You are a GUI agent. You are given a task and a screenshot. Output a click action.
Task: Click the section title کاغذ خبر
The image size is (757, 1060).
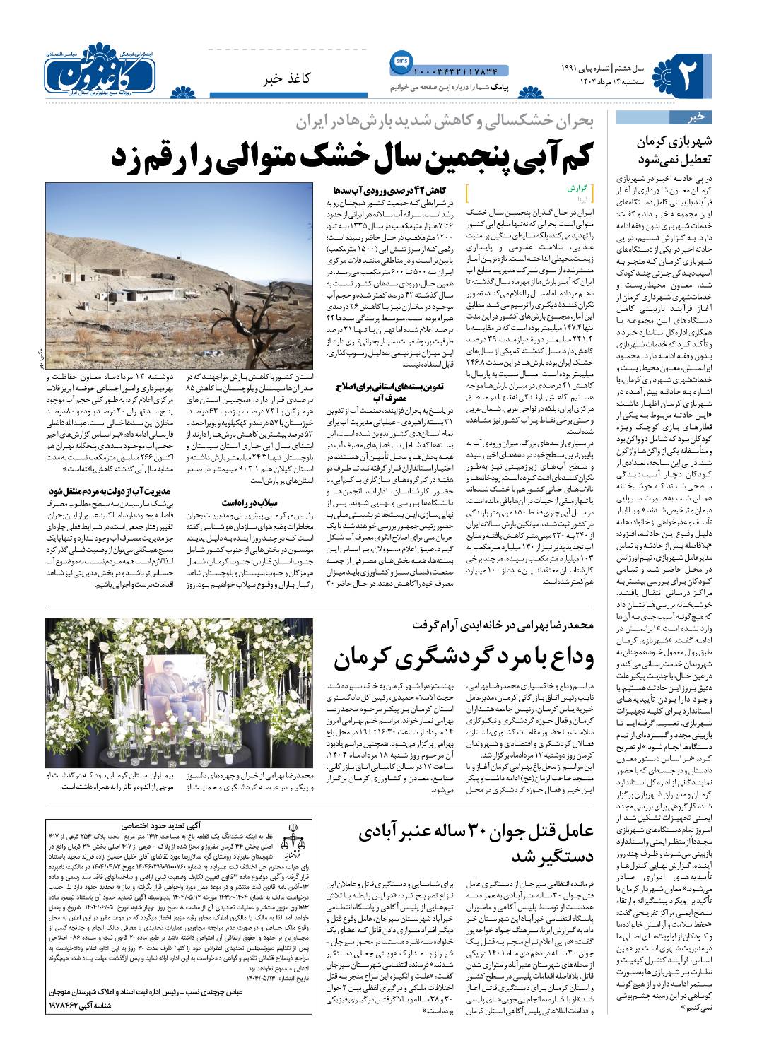tap(317, 78)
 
